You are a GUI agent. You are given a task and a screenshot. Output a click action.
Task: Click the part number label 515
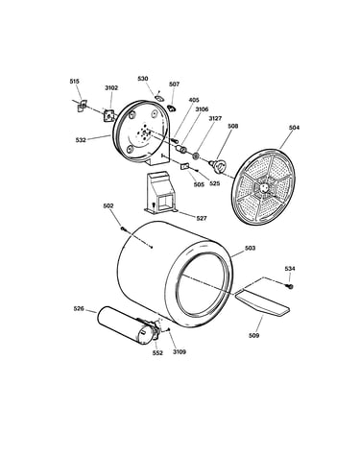74,82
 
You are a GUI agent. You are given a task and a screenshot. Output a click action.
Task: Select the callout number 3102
111,87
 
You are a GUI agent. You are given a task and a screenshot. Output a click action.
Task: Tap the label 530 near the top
143,79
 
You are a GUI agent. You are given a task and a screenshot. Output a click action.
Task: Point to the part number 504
294,128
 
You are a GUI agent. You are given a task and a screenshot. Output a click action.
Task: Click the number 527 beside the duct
202,218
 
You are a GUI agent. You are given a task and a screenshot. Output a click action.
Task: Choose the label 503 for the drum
250,248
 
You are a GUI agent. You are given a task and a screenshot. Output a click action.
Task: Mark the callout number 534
290,269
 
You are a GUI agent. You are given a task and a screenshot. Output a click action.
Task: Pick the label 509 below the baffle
253,335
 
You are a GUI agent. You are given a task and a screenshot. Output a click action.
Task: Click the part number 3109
180,351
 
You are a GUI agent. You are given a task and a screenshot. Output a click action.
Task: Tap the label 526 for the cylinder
79,309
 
